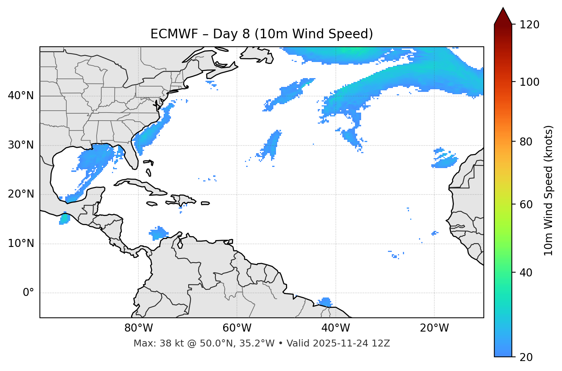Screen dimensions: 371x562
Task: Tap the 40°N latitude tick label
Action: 21,96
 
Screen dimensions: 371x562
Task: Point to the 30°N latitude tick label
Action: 21,145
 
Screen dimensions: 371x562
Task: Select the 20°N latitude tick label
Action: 21,194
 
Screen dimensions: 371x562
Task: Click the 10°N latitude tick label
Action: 21,244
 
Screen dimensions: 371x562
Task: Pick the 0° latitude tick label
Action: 28,293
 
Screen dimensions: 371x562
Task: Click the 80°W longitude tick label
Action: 138,328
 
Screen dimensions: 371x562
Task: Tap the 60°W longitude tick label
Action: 237,328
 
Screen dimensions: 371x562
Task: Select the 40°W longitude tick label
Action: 335,328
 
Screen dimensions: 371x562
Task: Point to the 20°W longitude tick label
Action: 434,328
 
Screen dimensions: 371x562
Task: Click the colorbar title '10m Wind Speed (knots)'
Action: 549,190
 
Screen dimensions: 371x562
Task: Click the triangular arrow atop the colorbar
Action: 503,16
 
